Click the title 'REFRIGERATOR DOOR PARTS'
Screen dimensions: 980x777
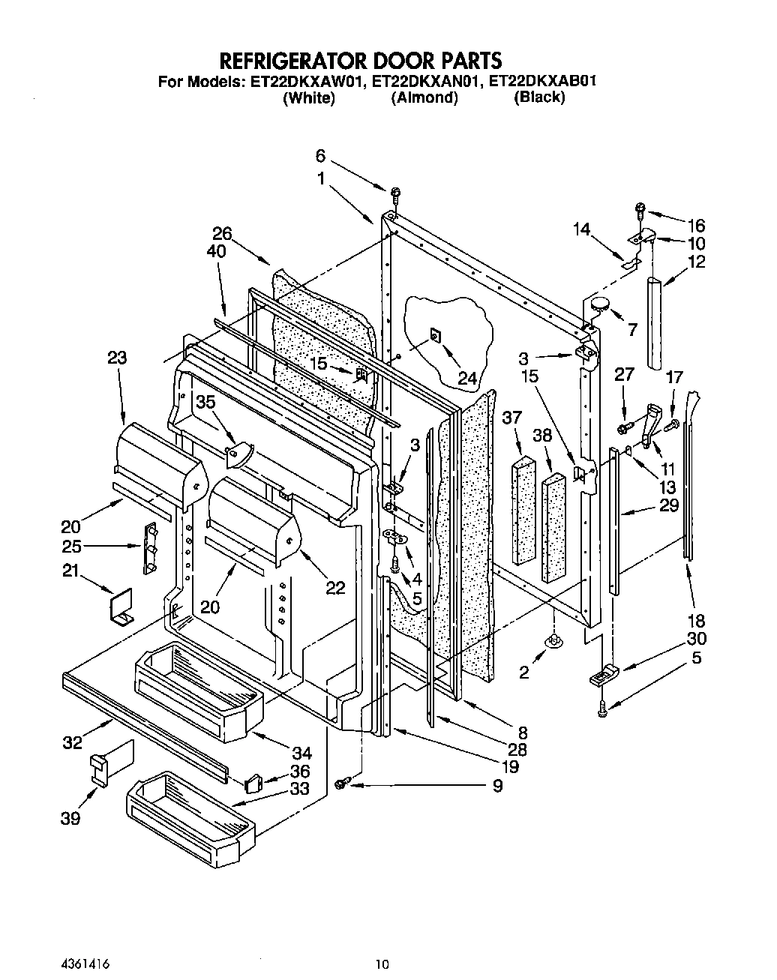click(359, 60)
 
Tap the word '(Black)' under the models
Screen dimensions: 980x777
click(538, 97)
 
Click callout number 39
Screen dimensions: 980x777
click(70, 819)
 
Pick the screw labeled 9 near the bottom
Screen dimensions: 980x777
click(344, 783)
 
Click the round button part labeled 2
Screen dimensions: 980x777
click(554, 640)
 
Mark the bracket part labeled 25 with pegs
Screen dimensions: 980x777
click(151, 547)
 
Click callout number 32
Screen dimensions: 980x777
click(73, 743)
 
